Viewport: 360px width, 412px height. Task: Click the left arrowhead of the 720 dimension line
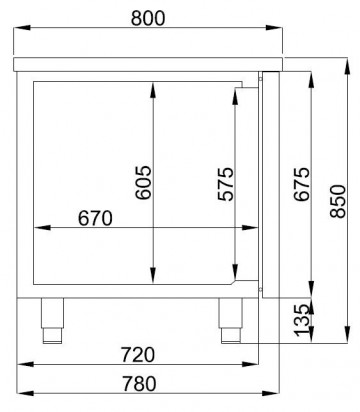pyautogui.click(x=25, y=367)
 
